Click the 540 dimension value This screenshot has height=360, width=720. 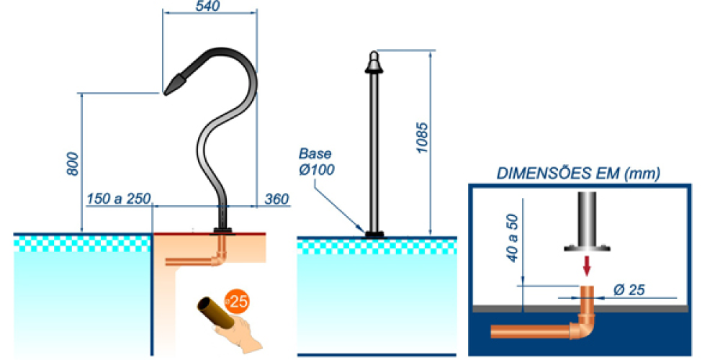pyautogui.click(x=208, y=6)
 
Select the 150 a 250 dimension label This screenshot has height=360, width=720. pyautogui.click(x=115, y=198)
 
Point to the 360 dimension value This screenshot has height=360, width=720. pyautogui.click(x=277, y=198)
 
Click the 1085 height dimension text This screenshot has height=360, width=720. pyautogui.click(x=423, y=137)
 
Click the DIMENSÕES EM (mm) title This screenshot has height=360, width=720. pyautogui.click(x=579, y=173)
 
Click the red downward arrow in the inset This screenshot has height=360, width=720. pyautogui.click(x=588, y=266)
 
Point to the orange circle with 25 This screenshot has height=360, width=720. pyautogui.click(x=235, y=301)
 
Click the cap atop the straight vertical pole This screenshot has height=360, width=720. pyautogui.click(x=373, y=61)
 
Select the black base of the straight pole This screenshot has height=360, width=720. pyautogui.click(x=374, y=234)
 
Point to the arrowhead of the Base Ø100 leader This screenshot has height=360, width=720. pyautogui.click(x=364, y=230)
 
